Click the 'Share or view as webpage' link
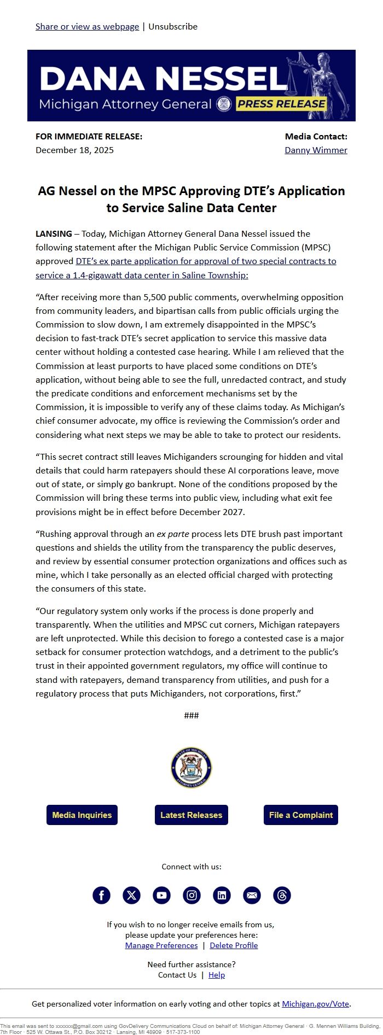(x=87, y=26)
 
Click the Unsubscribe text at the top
(x=173, y=26)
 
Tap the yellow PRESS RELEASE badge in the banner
(x=281, y=104)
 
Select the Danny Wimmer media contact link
(x=316, y=150)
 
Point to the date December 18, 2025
(x=74, y=150)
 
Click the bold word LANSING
(x=54, y=233)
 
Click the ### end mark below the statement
(x=191, y=715)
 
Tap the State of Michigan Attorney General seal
(x=191, y=768)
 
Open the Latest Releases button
(x=191, y=815)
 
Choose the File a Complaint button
(x=301, y=815)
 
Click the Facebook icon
(x=101, y=895)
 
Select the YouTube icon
(x=161, y=895)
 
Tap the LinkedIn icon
(x=222, y=895)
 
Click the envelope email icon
(x=252, y=895)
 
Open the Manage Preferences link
(x=161, y=945)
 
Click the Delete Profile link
(x=234, y=945)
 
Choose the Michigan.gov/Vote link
(x=315, y=1004)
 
